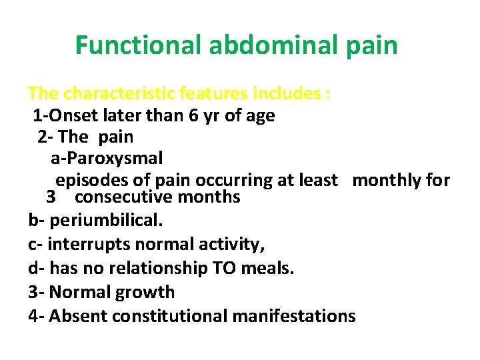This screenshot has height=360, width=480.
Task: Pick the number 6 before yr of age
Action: tap(193, 116)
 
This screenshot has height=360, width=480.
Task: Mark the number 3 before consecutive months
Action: tap(50, 197)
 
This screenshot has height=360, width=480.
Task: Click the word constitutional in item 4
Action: tap(169, 316)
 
